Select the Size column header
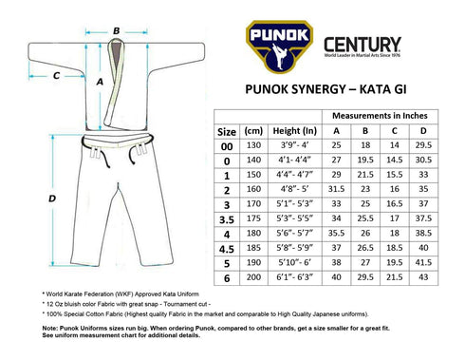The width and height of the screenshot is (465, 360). coord(228,131)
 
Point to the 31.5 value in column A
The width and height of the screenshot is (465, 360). coord(335,188)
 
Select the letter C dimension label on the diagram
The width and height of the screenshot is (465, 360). coord(55,74)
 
